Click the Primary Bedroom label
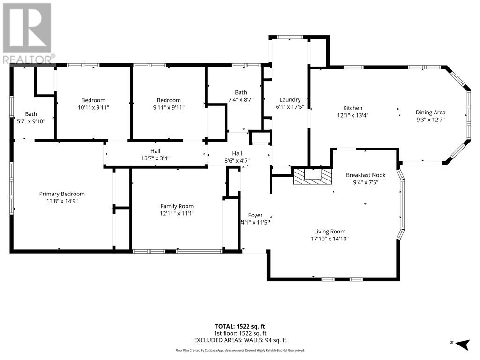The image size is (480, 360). click(62, 194)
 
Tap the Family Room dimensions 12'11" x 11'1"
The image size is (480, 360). click(177, 213)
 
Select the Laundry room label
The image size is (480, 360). click(290, 99)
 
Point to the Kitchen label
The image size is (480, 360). click(352, 108)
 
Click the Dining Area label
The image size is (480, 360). click(430, 112)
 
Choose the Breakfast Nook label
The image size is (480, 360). click(366, 175)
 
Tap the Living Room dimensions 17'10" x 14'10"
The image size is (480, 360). click(330, 239)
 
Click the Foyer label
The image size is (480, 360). click(255, 215)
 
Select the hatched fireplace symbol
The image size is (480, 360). click(313, 177)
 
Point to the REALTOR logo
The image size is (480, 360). click(28, 33)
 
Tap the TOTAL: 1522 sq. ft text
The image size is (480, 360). click(240, 326)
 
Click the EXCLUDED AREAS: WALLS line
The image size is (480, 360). click(240, 340)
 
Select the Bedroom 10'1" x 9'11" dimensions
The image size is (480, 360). click(93, 107)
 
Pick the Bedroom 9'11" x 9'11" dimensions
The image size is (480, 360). click(169, 107)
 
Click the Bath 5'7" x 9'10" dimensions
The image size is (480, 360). click(31, 121)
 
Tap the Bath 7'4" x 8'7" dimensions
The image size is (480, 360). click(241, 99)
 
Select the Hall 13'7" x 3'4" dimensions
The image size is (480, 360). click(155, 158)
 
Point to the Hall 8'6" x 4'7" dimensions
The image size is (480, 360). click(237, 161)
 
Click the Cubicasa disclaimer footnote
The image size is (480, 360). click(240, 350)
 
